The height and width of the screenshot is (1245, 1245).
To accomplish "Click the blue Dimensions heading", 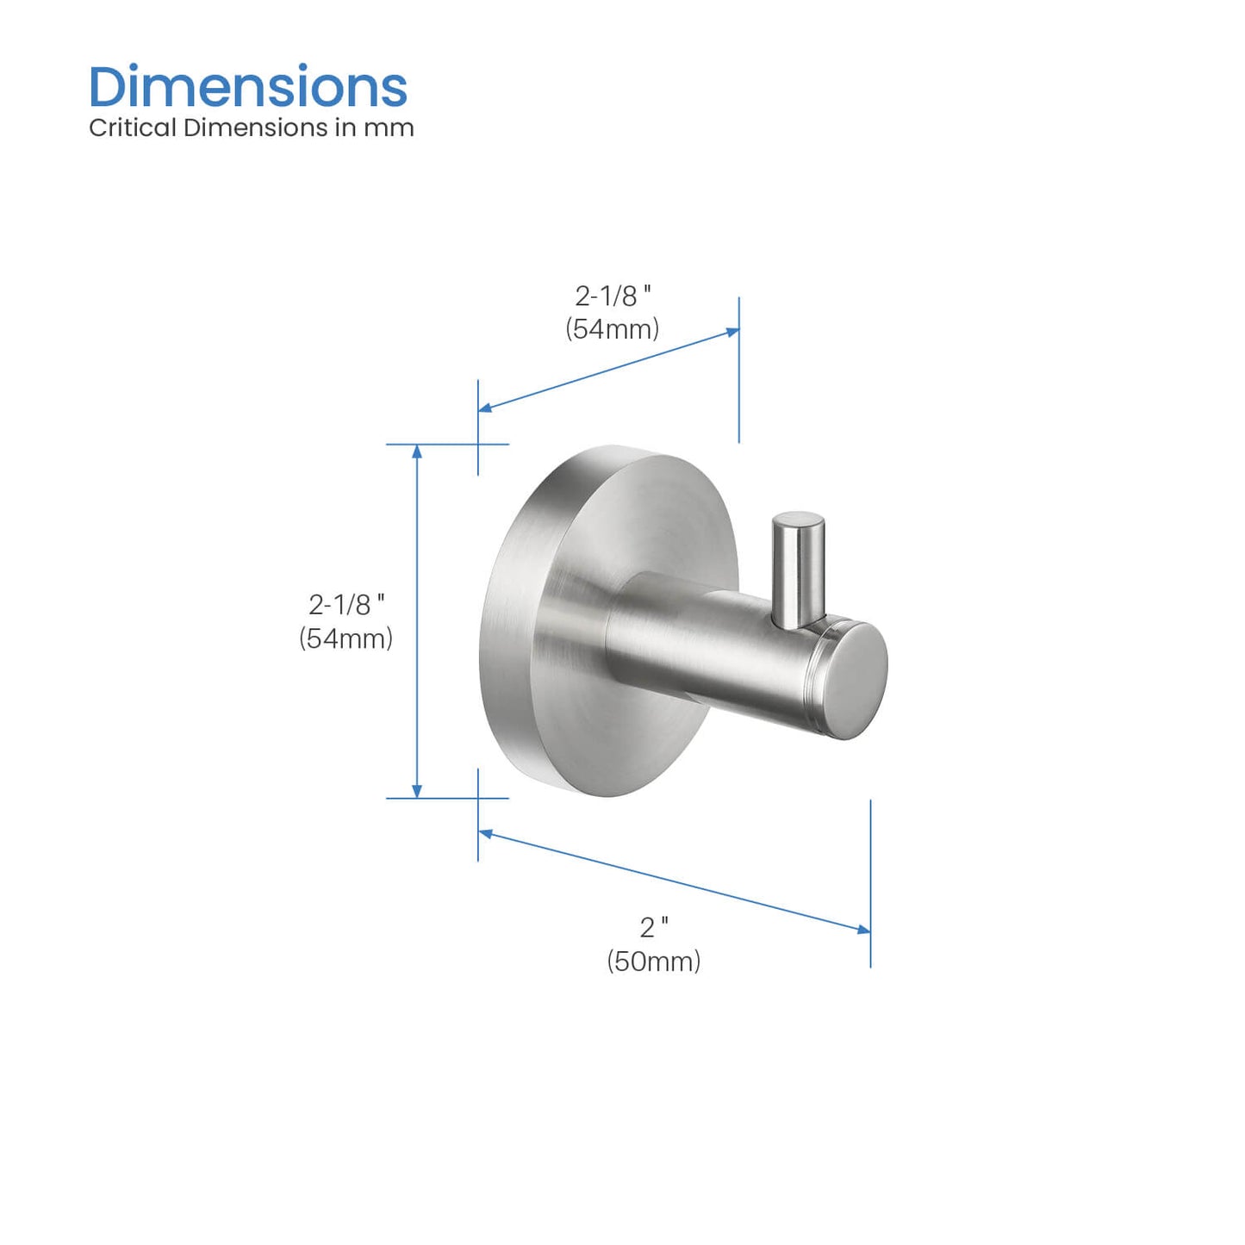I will (x=248, y=87).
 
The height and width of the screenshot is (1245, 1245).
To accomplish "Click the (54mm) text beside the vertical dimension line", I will (x=346, y=638).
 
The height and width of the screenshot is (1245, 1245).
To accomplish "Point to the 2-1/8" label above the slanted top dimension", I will (x=613, y=296).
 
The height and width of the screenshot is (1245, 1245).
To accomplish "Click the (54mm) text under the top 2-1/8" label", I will (x=613, y=328).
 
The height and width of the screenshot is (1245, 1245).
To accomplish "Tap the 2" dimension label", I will (x=654, y=927).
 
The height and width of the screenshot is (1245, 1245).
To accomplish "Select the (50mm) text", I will (x=654, y=961).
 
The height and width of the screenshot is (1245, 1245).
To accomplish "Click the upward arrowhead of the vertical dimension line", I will (x=418, y=451).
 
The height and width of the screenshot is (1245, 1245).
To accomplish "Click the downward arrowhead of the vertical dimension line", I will (x=418, y=791).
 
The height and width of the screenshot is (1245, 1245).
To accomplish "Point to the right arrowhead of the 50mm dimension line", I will (x=863, y=929).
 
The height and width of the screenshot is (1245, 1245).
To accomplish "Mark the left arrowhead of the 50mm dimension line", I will (x=486, y=833).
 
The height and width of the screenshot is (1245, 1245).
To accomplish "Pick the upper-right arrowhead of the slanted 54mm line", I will (x=732, y=332).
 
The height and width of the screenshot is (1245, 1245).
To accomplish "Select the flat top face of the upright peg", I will (x=798, y=522).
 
